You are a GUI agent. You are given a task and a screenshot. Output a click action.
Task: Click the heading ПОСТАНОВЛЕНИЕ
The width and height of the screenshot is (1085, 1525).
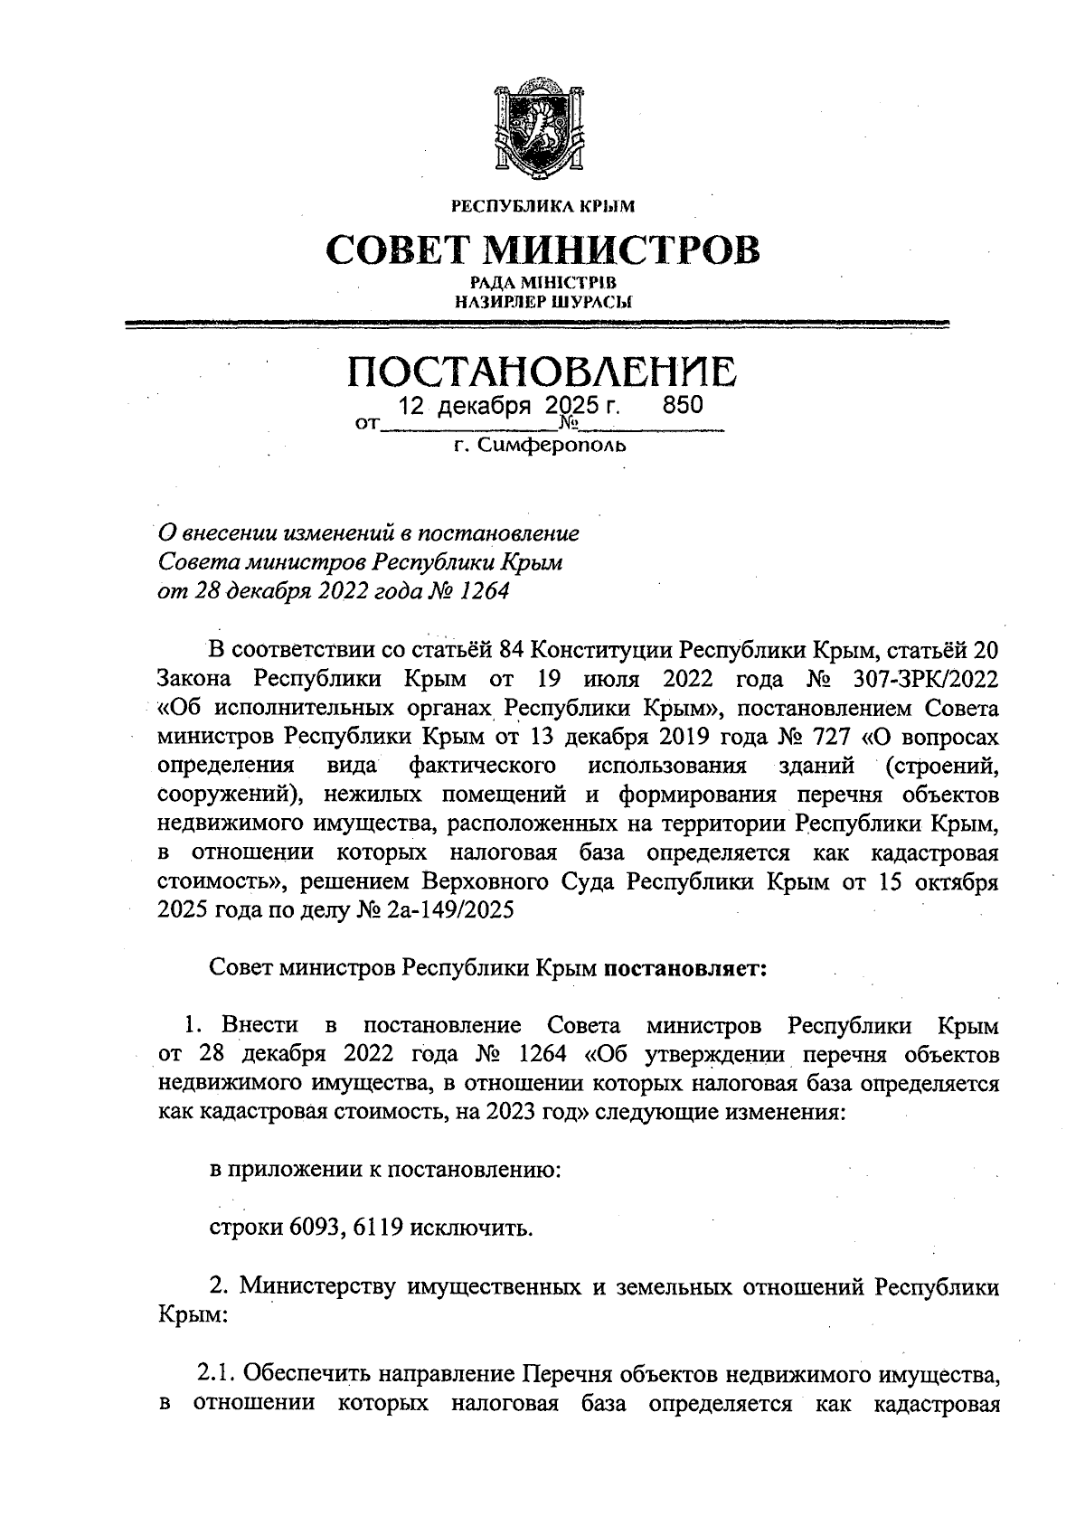[x=542, y=372]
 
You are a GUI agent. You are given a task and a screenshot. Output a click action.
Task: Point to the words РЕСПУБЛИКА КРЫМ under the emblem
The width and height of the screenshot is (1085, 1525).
[x=542, y=206]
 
